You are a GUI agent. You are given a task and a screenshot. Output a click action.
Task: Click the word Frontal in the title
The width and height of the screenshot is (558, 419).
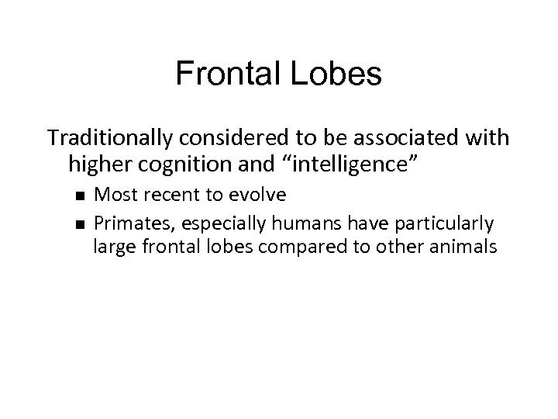pyautogui.click(x=222, y=74)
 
